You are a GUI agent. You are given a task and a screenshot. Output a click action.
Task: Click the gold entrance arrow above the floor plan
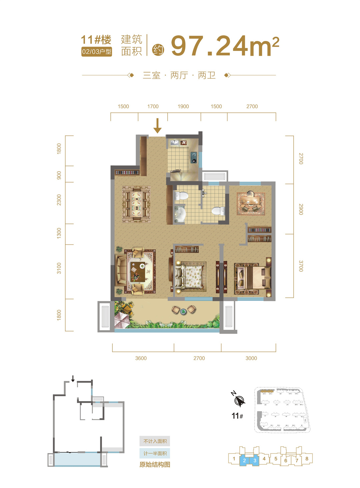(157, 126)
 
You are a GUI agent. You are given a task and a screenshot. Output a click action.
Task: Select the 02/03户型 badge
(97, 52)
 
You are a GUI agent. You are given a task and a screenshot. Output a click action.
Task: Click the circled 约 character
(158, 50)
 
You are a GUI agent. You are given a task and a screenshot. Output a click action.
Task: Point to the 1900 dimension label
(183, 107)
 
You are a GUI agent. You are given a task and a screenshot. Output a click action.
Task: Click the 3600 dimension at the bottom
(141, 358)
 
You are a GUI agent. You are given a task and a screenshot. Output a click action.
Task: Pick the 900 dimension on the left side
(59, 175)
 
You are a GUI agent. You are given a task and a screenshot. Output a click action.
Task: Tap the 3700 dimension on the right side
(301, 266)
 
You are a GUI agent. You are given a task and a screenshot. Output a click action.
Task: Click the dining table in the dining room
(137, 204)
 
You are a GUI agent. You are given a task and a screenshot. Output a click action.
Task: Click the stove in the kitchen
(194, 158)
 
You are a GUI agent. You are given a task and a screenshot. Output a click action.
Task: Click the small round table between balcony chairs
(183, 312)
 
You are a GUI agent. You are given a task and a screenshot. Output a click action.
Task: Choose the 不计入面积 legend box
(155, 441)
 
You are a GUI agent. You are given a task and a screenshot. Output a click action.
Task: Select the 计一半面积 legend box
(155, 453)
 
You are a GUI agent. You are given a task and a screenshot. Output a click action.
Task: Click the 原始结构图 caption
(155, 465)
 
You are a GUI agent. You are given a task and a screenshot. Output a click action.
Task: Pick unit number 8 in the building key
(307, 459)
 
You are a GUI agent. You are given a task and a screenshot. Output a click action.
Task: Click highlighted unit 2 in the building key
(244, 460)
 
